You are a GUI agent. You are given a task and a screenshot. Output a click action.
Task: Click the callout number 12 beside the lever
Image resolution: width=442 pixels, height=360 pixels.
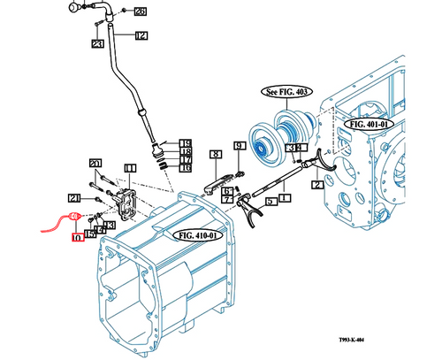[141, 35]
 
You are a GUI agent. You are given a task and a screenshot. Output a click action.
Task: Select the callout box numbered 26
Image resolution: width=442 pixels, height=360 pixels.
[141, 11]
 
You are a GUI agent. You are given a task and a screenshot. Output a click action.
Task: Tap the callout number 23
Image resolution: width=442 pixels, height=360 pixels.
[97, 43]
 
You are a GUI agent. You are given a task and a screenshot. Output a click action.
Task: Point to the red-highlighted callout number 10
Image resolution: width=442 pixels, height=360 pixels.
[78, 237]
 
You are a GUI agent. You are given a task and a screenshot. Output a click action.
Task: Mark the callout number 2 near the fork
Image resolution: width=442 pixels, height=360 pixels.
[316, 185]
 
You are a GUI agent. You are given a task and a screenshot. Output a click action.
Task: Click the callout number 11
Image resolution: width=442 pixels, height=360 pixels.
[129, 167]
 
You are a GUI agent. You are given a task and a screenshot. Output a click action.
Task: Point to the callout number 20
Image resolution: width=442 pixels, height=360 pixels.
[95, 163]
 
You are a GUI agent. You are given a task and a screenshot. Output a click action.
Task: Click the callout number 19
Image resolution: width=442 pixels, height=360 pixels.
[186, 143]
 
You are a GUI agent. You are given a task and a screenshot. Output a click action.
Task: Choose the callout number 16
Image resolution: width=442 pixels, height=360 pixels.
[186, 167]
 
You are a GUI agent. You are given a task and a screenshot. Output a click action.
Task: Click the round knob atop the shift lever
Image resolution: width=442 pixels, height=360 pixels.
[73, 7]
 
